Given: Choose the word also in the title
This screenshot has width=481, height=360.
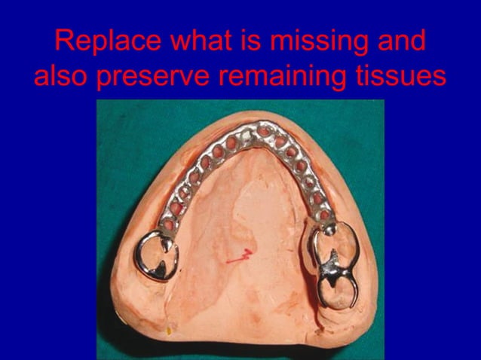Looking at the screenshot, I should tap(62, 76).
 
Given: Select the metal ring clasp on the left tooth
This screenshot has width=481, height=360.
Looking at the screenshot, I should tap(156, 257).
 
